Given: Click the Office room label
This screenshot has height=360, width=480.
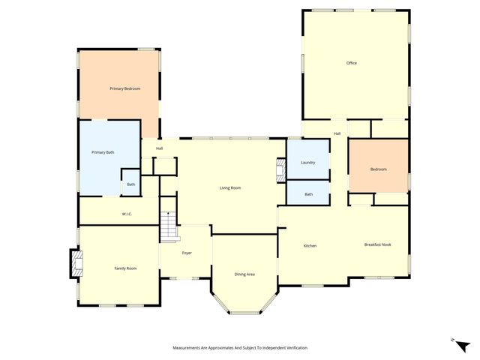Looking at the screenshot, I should pyautogui.click(x=351, y=63).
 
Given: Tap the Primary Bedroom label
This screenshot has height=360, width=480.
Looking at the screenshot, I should pyautogui.click(x=124, y=88).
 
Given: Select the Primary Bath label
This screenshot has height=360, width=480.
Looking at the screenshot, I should pyautogui.click(x=103, y=152).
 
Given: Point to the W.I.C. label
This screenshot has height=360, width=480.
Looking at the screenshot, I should pyautogui.click(x=127, y=214).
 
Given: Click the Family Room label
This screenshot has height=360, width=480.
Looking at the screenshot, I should pyautogui.click(x=125, y=268).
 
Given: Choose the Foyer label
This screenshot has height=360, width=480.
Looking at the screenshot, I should pyautogui.click(x=187, y=253).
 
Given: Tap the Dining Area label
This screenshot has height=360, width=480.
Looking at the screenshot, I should pyautogui.click(x=244, y=274).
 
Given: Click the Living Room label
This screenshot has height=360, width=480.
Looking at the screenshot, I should pyautogui.click(x=229, y=187).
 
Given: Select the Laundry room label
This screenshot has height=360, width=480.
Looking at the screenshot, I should pyautogui.click(x=307, y=162).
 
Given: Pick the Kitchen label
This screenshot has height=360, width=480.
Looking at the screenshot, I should pyautogui.click(x=310, y=246).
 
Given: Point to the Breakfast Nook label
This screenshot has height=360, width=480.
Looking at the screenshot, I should pyautogui.click(x=377, y=244).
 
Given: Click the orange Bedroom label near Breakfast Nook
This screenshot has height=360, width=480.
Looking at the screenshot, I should pyautogui.click(x=378, y=169).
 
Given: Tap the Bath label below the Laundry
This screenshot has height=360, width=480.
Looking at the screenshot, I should pyautogui.click(x=308, y=194).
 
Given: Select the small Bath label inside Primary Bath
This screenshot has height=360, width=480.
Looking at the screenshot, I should pyautogui.click(x=130, y=184).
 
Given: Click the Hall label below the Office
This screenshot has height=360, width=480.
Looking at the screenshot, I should pyautogui.click(x=337, y=133).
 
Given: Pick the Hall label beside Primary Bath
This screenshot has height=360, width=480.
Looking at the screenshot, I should pyautogui.click(x=160, y=148).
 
